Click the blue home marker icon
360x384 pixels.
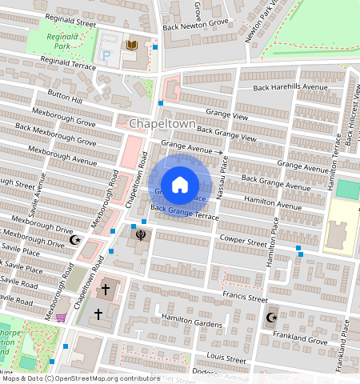tap(180, 185)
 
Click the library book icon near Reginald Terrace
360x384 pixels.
tap(130, 45)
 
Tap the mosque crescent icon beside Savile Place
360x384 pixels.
tap(77, 239)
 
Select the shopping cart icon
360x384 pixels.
tap(61, 318)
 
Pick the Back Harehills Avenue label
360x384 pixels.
tap(290, 87)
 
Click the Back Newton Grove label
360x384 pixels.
tap(195, 23)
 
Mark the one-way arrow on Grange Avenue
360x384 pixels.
tap(218, 150)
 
